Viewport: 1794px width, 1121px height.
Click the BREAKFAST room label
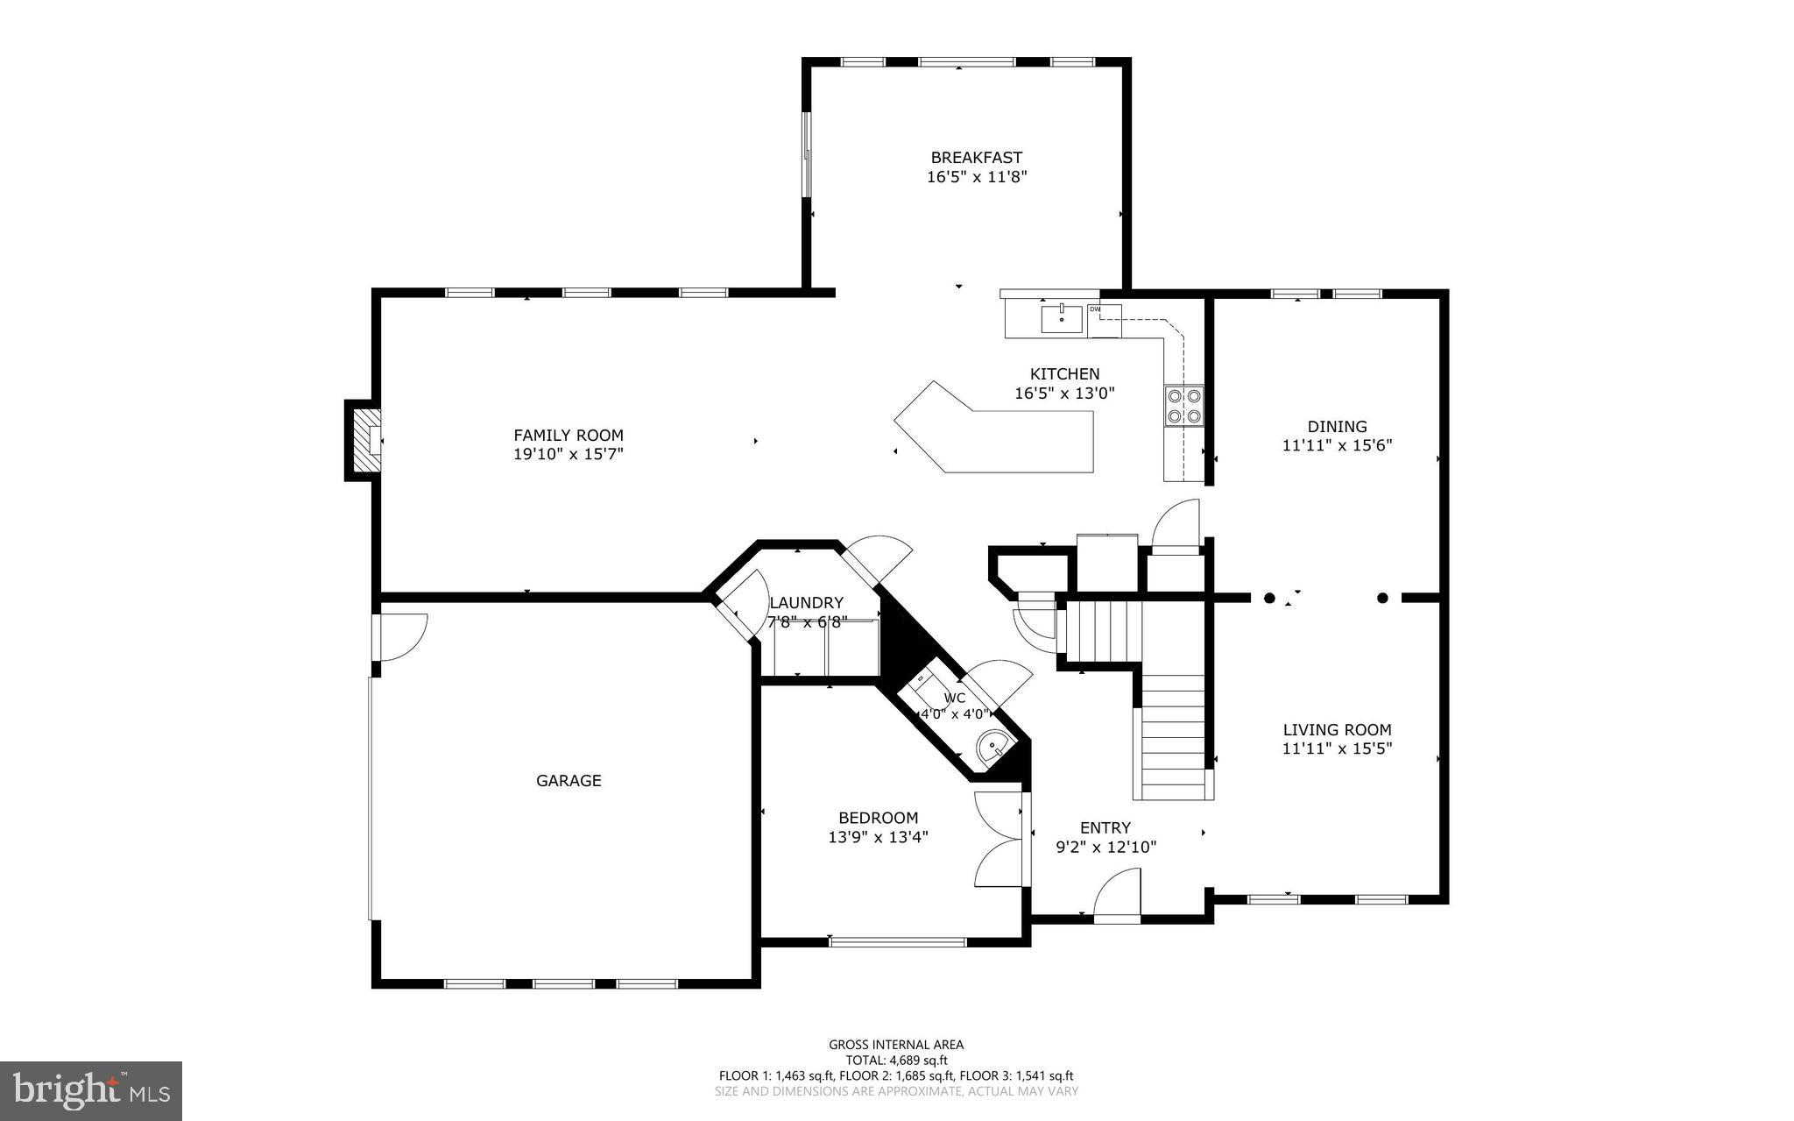[976, 158]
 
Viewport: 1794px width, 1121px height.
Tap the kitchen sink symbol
[1062, 319]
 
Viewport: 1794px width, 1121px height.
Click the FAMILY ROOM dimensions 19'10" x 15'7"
[568, 454]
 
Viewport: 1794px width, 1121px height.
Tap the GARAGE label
[569, 780]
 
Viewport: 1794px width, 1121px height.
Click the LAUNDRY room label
[806, 603]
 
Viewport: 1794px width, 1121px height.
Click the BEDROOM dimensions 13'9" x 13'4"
[878, 837]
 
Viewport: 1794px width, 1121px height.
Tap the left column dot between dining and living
[1269, 599]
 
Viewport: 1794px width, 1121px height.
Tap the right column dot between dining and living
[1383, 599]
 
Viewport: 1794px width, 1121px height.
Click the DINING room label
[1337, 427]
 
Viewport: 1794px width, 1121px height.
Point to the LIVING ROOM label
[1337, 729]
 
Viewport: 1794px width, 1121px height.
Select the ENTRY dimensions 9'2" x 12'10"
[1105, 848]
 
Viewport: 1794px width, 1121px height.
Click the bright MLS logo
[91, 1090]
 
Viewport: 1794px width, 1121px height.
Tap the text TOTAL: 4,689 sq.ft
[896, 1060]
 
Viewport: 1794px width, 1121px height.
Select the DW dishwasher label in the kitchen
[1095, 309]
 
